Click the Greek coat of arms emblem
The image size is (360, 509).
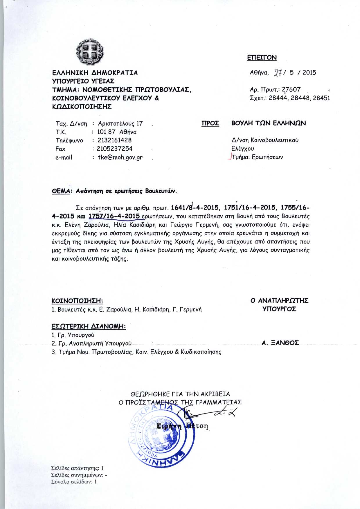pyautogui.click(x=90, y=53)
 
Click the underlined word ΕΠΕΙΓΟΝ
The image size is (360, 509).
pyautogui.click(x=262, y=57)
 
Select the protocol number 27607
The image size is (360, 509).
pyautogui.click(x=291, y=89)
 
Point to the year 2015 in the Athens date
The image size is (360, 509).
pyautogui.click(x=309, y=73)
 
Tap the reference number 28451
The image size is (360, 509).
pyautogui.click(x=321, y=98)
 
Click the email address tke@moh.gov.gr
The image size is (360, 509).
pyautogui.click(x=120, y=158)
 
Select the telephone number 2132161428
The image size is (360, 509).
pyautogui.click(x=115, y=140)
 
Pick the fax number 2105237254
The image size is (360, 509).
pyautogui.click(x=115, y=149)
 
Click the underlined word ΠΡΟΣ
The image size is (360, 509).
pyautogui.click(x=210, y=123)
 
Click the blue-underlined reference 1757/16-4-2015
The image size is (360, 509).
pyautogui.click(x=114, y=216)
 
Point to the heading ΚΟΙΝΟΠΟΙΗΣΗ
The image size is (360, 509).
pyautogui.click(x=77, y=301)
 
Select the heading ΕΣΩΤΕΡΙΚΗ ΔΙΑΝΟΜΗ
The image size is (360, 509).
pyautogui.click(x=89, y=326)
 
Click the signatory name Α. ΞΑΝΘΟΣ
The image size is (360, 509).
pyautogui.click(x=280, y=343)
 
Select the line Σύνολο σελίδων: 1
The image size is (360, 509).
pyautogui.click(x=74, y=482)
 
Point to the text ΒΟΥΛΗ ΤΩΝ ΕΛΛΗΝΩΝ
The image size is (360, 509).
pyautogui.click(x=269, y=123)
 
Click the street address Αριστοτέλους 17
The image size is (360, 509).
pyautogui.click(x=120, y=124)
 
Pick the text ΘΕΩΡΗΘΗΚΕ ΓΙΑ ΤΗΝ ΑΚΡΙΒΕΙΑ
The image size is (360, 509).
pyautogui.click(x=180, y=394)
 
